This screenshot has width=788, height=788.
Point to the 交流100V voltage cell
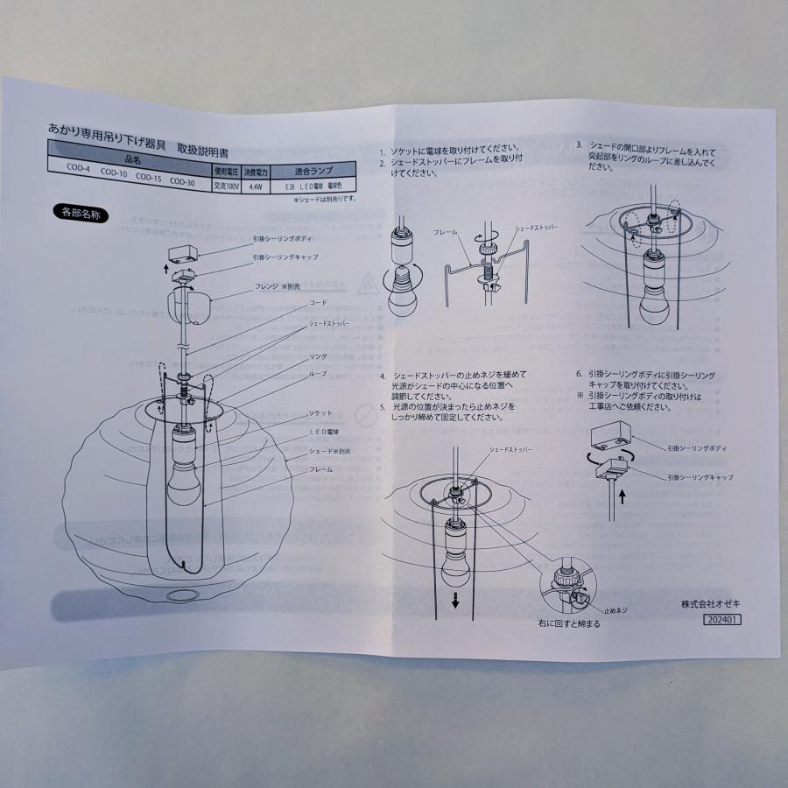click(226, 184)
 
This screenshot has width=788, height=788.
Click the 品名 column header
click(133, 158)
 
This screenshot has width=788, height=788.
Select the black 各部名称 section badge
click(81, 212)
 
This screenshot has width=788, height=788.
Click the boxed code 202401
click(721, 618)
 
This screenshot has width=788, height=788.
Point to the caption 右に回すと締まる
click(569, 624)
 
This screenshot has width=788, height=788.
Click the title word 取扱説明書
click(205, 148)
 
